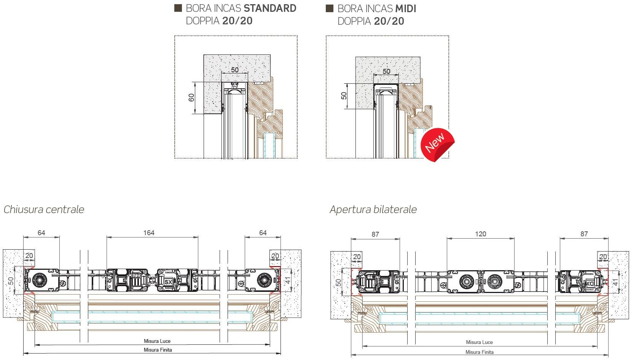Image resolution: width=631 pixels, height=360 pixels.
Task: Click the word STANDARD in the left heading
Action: tap(270, 8)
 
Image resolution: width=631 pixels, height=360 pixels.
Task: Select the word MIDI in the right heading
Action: tap(406, 9)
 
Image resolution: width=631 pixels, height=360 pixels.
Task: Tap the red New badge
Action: tap(437, 145)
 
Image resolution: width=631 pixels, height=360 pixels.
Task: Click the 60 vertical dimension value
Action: tap(191, 98)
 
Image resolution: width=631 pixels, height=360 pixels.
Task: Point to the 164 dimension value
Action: tap(149, 233)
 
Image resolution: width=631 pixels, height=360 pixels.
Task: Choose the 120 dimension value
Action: tap(481, 234)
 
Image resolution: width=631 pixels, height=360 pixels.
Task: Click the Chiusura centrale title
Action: tap(44, 210)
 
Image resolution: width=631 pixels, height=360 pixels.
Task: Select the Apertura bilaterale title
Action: tap(373, 210)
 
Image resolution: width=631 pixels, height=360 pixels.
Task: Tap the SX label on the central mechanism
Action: tap(168, 282)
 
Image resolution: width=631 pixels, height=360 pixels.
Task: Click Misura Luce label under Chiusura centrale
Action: tap(157, 341)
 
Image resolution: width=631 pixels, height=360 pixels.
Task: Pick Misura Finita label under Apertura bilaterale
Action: tap(480, 352)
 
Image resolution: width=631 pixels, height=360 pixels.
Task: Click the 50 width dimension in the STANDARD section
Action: tap(235, 70)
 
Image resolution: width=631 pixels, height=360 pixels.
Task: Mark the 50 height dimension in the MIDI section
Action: tap(344, 96)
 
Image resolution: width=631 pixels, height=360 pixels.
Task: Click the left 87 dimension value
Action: tap(375, 234)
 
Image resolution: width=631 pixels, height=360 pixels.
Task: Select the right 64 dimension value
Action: tap(263, 233)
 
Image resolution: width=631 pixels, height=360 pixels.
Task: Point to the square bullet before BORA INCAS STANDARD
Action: tap(178, 8)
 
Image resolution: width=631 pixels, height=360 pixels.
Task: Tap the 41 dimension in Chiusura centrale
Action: tap(288, 280)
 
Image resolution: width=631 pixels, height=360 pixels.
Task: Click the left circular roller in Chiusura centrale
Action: tap(38, 280)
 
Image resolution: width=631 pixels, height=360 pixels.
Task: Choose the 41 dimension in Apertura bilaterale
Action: tap(615, 282)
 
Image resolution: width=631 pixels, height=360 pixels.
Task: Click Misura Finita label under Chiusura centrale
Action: tap(158, 350)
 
